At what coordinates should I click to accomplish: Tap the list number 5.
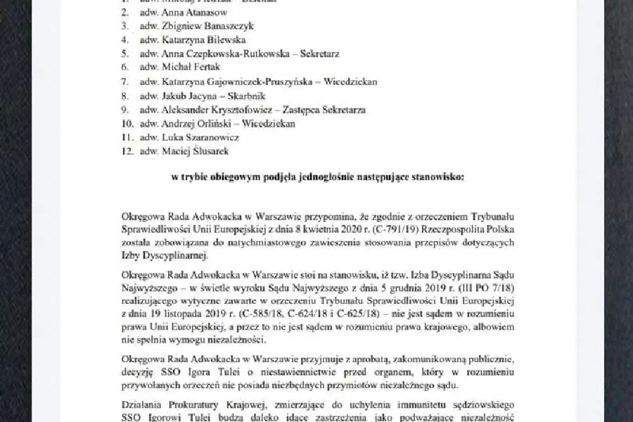click(x=124, y=53)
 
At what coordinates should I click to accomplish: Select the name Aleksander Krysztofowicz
click(x=215, y=109)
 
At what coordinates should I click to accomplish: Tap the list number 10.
click(x=126, y=123)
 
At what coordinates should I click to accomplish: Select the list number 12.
click(x=126, y=151)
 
